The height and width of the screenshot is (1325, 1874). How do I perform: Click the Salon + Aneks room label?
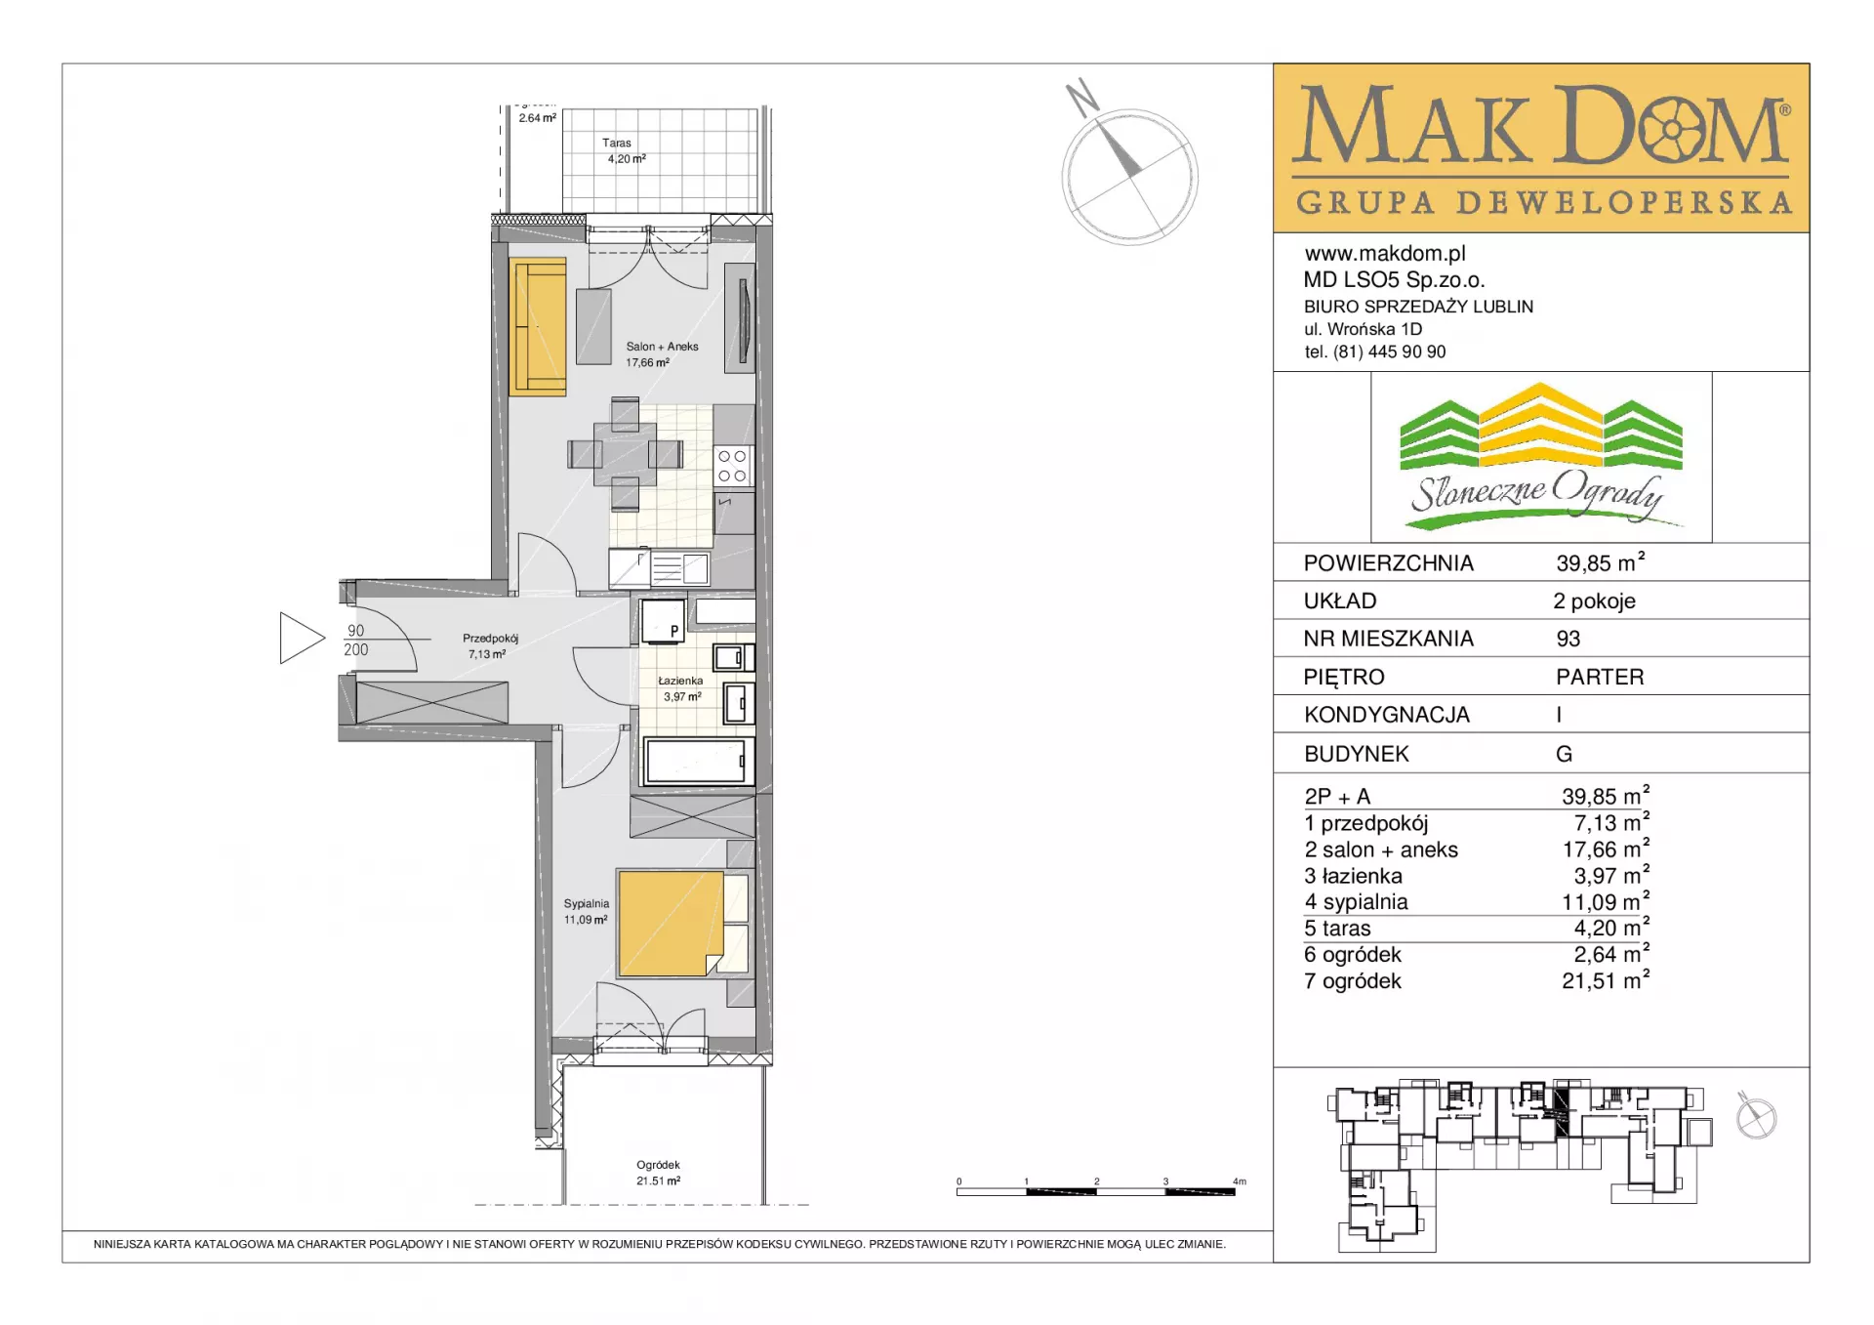point(662,347)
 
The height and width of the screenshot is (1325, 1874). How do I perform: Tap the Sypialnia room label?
point(586,904)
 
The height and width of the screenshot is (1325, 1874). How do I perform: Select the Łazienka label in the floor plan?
point(680,681)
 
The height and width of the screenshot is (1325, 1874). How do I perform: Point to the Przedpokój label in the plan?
point(490,639)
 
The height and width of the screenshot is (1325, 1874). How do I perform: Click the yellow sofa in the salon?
point(538,327)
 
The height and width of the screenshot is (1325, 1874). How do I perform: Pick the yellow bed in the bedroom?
point(671,924)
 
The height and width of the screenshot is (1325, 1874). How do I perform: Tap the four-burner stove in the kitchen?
point(732,467)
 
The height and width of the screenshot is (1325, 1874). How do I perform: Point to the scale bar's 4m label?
point(1240,1181)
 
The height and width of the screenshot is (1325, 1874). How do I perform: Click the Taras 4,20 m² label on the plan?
point(625,150)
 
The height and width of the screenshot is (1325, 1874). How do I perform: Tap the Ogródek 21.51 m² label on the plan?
point(658,1173)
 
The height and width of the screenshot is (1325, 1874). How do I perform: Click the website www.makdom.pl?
point(1385,254)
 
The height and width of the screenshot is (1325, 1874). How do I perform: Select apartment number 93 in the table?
point(1568,639)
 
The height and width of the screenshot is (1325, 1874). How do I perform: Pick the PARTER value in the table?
point(1600,677)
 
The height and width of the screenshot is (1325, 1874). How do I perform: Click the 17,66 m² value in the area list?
point(1606,849)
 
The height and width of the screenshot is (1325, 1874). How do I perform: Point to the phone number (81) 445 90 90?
point(1390,352)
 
